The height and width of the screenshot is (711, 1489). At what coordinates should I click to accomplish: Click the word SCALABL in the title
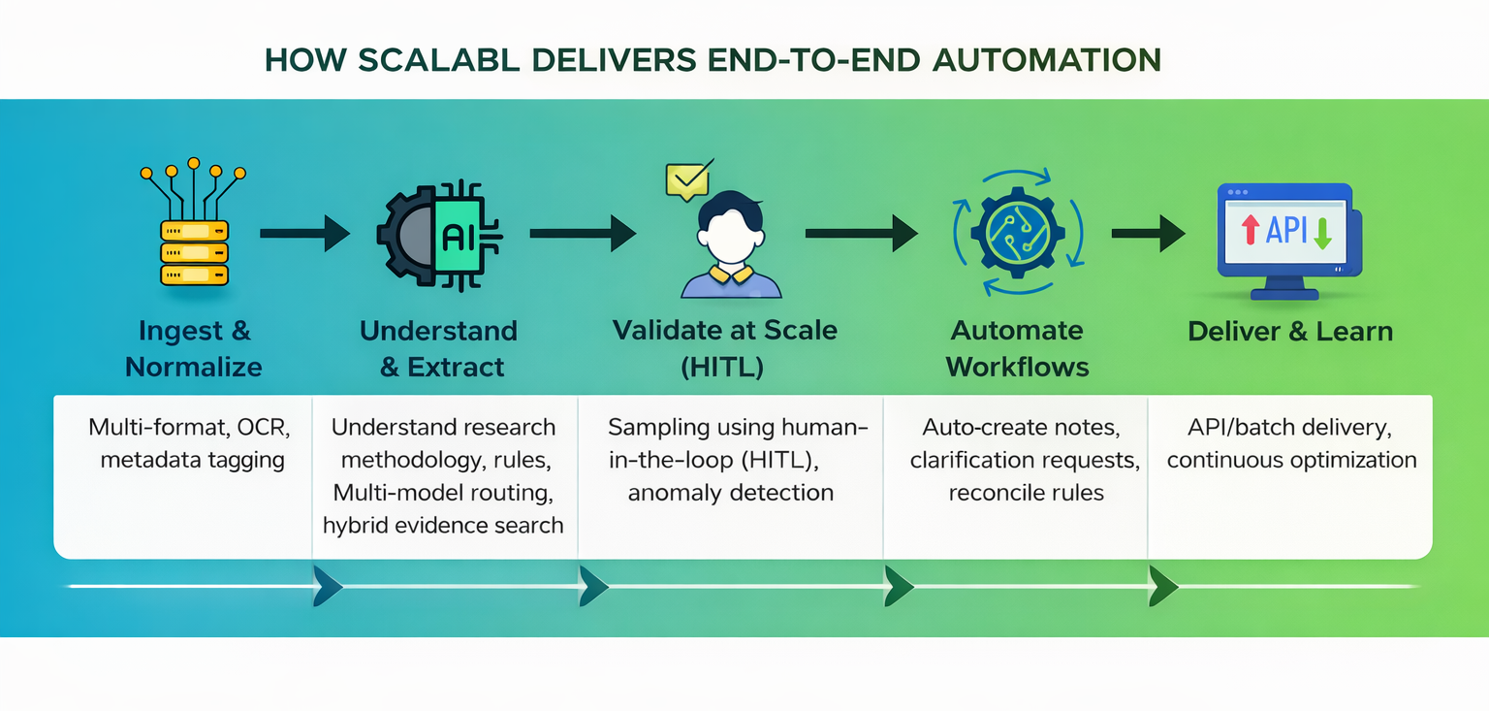tap(438, 60)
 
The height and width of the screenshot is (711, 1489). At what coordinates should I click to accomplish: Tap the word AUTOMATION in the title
tap(1047, 60)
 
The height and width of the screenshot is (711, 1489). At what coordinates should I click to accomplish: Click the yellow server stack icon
tap(194, 223)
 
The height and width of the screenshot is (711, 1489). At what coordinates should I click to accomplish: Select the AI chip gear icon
tap(439, 236)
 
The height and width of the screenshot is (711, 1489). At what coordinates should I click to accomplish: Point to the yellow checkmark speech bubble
tap(688, 179)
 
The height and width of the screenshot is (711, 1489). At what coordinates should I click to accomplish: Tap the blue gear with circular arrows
tap(1018, 233)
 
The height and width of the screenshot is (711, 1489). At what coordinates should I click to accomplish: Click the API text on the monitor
tap(1286, 230)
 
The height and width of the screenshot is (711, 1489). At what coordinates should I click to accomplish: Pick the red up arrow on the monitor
tap(1251, 230)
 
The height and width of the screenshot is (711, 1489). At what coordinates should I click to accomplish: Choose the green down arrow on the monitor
tap(1322, 234)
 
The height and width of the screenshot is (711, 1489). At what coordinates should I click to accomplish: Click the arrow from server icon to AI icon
tap(305, 233)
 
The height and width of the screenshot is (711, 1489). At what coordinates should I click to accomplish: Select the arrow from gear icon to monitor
tap(1149, 233)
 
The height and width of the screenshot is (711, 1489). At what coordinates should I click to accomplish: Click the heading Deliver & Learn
tap(1290, 331)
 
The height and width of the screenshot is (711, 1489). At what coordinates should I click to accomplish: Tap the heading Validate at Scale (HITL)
tap(724, 348)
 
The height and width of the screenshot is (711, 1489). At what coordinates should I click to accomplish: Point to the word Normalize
tap(194, 367)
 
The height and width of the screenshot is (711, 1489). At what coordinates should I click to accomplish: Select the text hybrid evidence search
tap(443, 526)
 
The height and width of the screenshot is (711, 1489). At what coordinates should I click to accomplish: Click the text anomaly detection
tap(731, 493)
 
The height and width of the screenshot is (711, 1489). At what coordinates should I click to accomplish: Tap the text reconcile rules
tap(1026, 493)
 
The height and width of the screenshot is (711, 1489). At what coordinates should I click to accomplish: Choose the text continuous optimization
tap(1291, 460)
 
